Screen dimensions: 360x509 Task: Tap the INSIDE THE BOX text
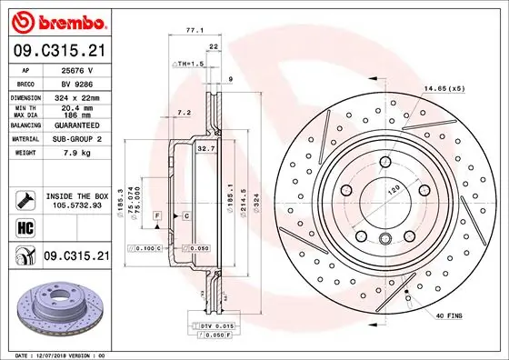click(77, 195)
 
